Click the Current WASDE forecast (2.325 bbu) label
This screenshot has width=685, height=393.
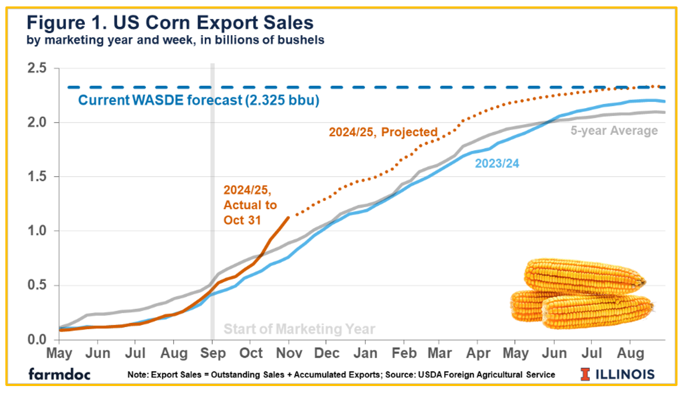(198, 101)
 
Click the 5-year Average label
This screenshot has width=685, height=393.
(613, 130)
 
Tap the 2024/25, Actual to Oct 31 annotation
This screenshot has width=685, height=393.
(250, 205)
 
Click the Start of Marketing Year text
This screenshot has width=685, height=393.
(299, 329)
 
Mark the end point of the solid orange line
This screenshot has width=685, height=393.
(289, 217)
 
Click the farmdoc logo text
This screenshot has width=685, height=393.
(59, 374)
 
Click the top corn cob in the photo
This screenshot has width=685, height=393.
(584, 274)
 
